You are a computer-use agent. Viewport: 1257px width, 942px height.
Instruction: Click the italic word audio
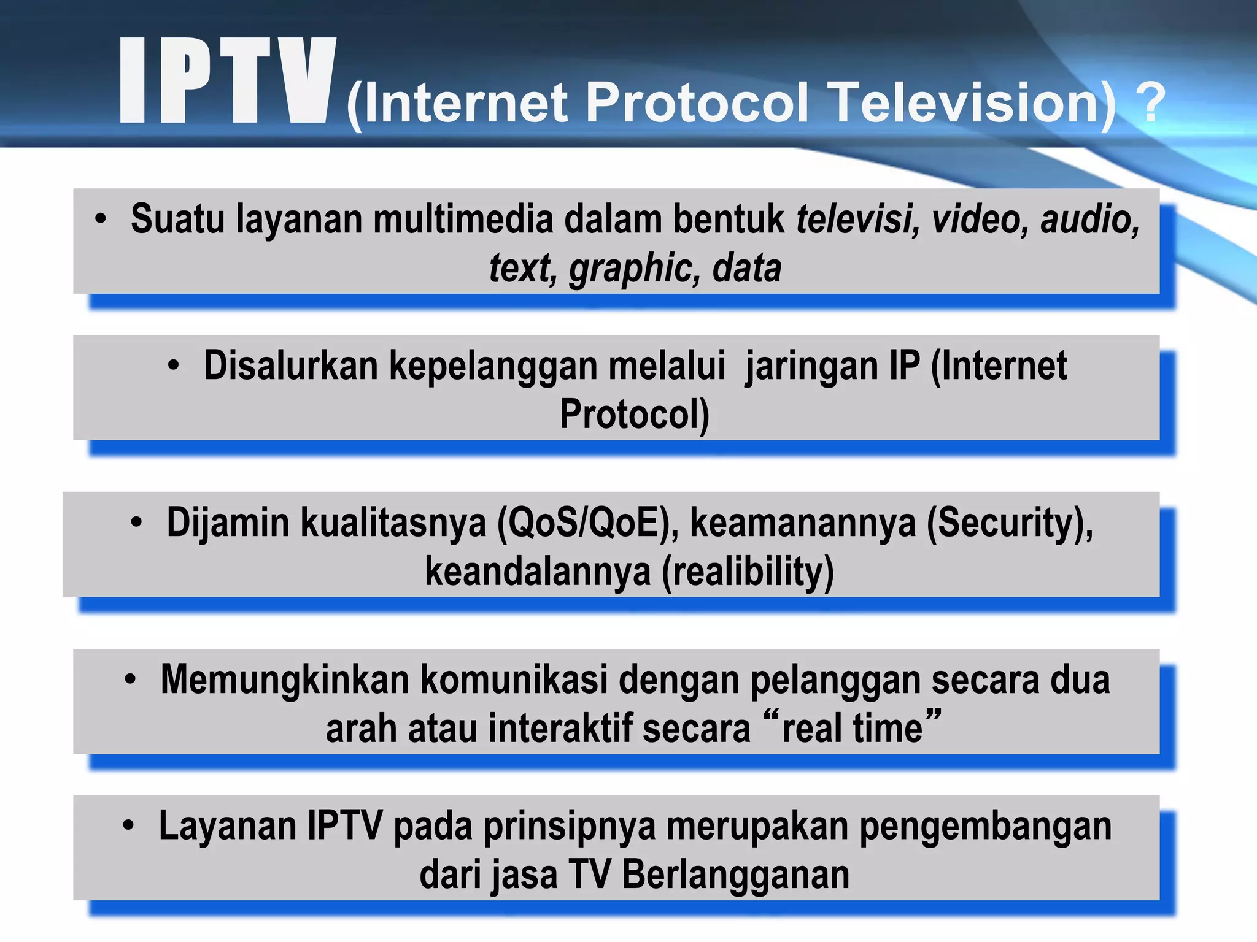pos(1089,219)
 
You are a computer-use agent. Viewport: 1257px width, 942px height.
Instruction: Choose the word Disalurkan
pos(290,366)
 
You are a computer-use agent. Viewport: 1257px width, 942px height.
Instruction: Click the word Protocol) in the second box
pos(635,415)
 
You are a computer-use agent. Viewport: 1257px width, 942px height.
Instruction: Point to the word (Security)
pos(1010,523)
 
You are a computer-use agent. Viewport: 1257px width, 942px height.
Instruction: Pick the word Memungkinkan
pos(285,680)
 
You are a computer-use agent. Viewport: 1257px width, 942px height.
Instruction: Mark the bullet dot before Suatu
pos(101,219)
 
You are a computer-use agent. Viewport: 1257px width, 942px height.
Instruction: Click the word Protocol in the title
pos(697,102)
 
